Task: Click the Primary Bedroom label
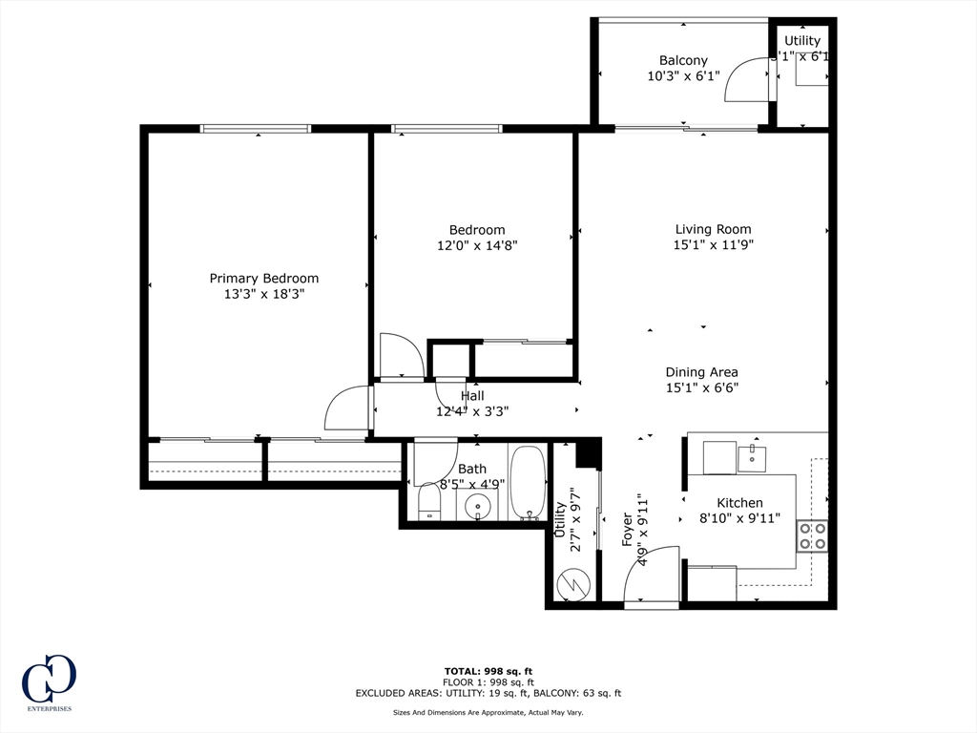coord(264,279)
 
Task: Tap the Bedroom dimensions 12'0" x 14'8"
coord(477,245)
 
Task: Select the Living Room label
coord(713,229)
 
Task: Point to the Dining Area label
coord(702,372)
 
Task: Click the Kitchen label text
coord(739,503)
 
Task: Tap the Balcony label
coord(683,61)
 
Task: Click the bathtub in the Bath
coord(527,482)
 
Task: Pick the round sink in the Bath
coord(478,506)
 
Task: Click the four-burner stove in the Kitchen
coord(813,536)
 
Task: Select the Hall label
coord(472,396)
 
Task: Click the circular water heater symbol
coord(574,581)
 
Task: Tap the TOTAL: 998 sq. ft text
coord(488,670)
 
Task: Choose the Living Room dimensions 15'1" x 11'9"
coord(713,245)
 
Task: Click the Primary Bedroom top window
coord(256,129)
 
